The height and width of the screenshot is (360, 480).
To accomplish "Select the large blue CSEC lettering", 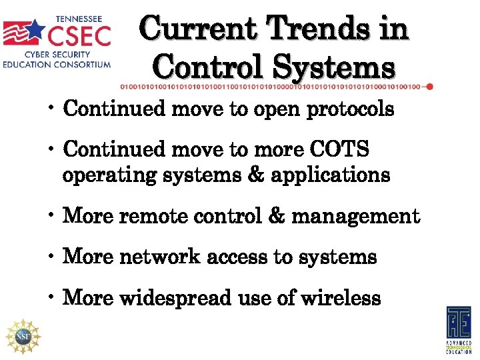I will pyautogui.click(x=79, y=33).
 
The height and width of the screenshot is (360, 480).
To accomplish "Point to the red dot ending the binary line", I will pyautogui.click(x=429, y=87).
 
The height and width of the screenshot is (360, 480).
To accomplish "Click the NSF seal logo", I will pyautogui.click(x=23, y=335).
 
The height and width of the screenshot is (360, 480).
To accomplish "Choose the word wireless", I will pyautogui.click(x=341, y=298).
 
